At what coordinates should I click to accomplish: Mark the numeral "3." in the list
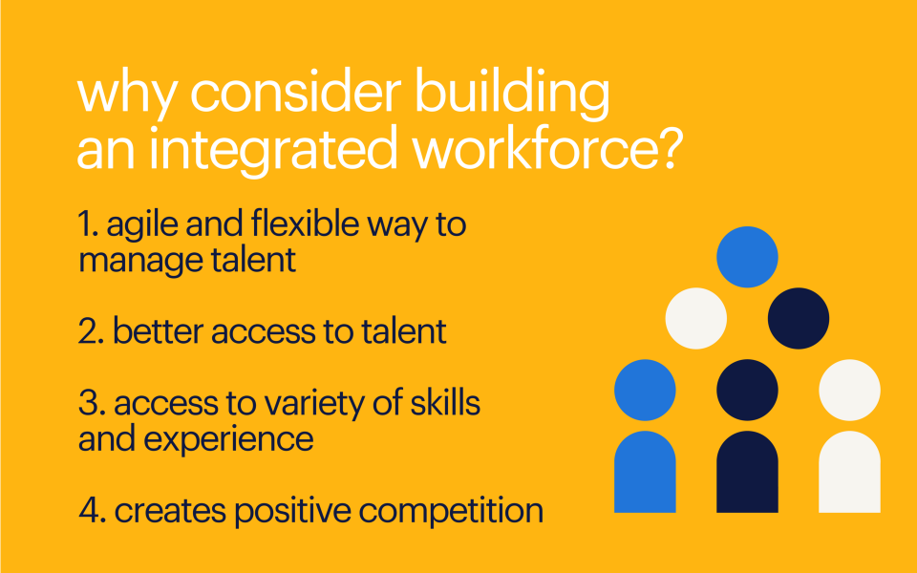(92, 403)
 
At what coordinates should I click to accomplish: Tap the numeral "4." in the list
(93, 511)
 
